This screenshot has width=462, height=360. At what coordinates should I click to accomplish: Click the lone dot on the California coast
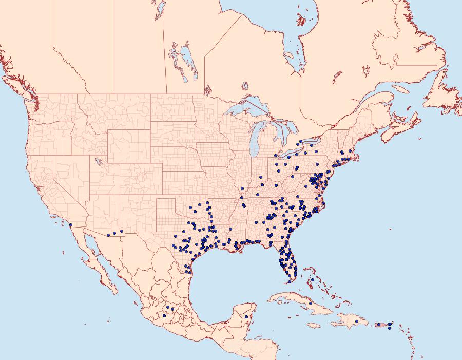pyautogui.click(x=70, y=225)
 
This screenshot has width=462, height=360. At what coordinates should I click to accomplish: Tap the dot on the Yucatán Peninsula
pyautogui.click(x=246, y=317)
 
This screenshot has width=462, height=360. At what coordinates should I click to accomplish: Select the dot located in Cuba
pyautogui.click(x=311, y=304)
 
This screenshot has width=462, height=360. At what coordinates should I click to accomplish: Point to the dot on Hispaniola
pyautogui.click(x=356, y=322)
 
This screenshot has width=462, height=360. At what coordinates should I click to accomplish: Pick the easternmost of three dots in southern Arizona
pyautogui.click(x=122, y=231)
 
